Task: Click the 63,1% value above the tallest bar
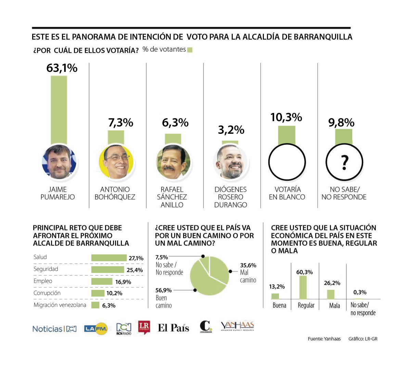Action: pyautogui.click(x=62, y=68)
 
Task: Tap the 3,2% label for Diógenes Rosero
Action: pyautogui.click(x=231, y=130)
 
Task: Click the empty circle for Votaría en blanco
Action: pyautogui.click(x=287, y=162)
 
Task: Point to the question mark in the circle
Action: pyautogui.click(x=345, y=163)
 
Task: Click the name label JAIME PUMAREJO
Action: pyautogui.click(x=57, y=193)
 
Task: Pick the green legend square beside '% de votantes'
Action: pyautogui.click(x=190, y=50)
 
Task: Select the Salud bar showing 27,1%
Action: pyautogui.click(x=109, y=258)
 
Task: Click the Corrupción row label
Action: pyautogui.click(x=47, y=293)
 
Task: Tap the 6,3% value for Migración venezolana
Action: pyautogui.click(x=109, y=306)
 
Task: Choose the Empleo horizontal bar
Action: pyautogui.click(x=102, y=281)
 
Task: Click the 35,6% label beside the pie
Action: pyautogui.click(x=248, y=265)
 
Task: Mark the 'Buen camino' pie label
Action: pyautogui.click(x=164, y=302)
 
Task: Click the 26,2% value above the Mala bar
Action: pyautogui.click(x=332, y=283)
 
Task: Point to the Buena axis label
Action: pyautogui.click(x=279, y=305)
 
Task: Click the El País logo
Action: pyautogui.click(x=174, y=328)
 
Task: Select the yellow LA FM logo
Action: pyautogui.click(x=96, y=329)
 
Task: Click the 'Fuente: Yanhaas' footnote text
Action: pyautogui.click(x=324, y=339)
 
